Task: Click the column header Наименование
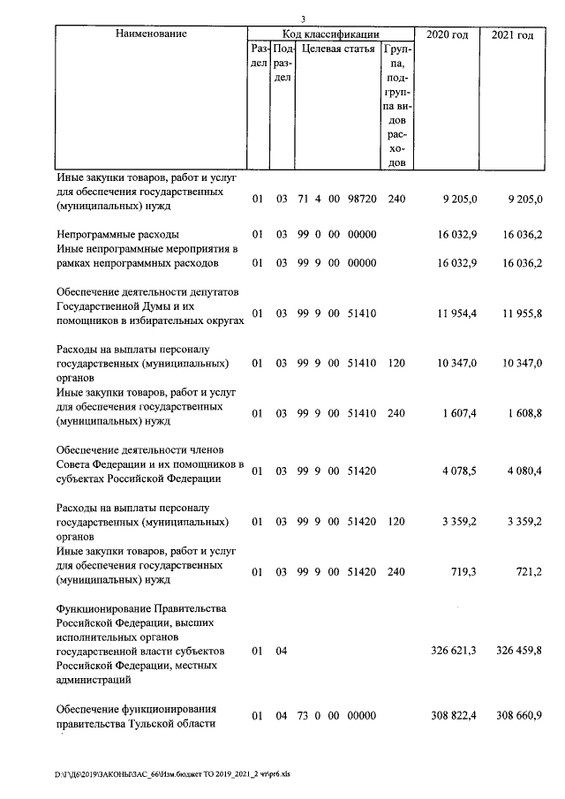click(x=151, y=34)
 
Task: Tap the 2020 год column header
click(x=448, y=34)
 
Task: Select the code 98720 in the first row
click(x=363, y=200)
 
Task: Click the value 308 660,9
click(x=512, y=715)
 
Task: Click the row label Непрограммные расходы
click(x=117, y=235)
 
